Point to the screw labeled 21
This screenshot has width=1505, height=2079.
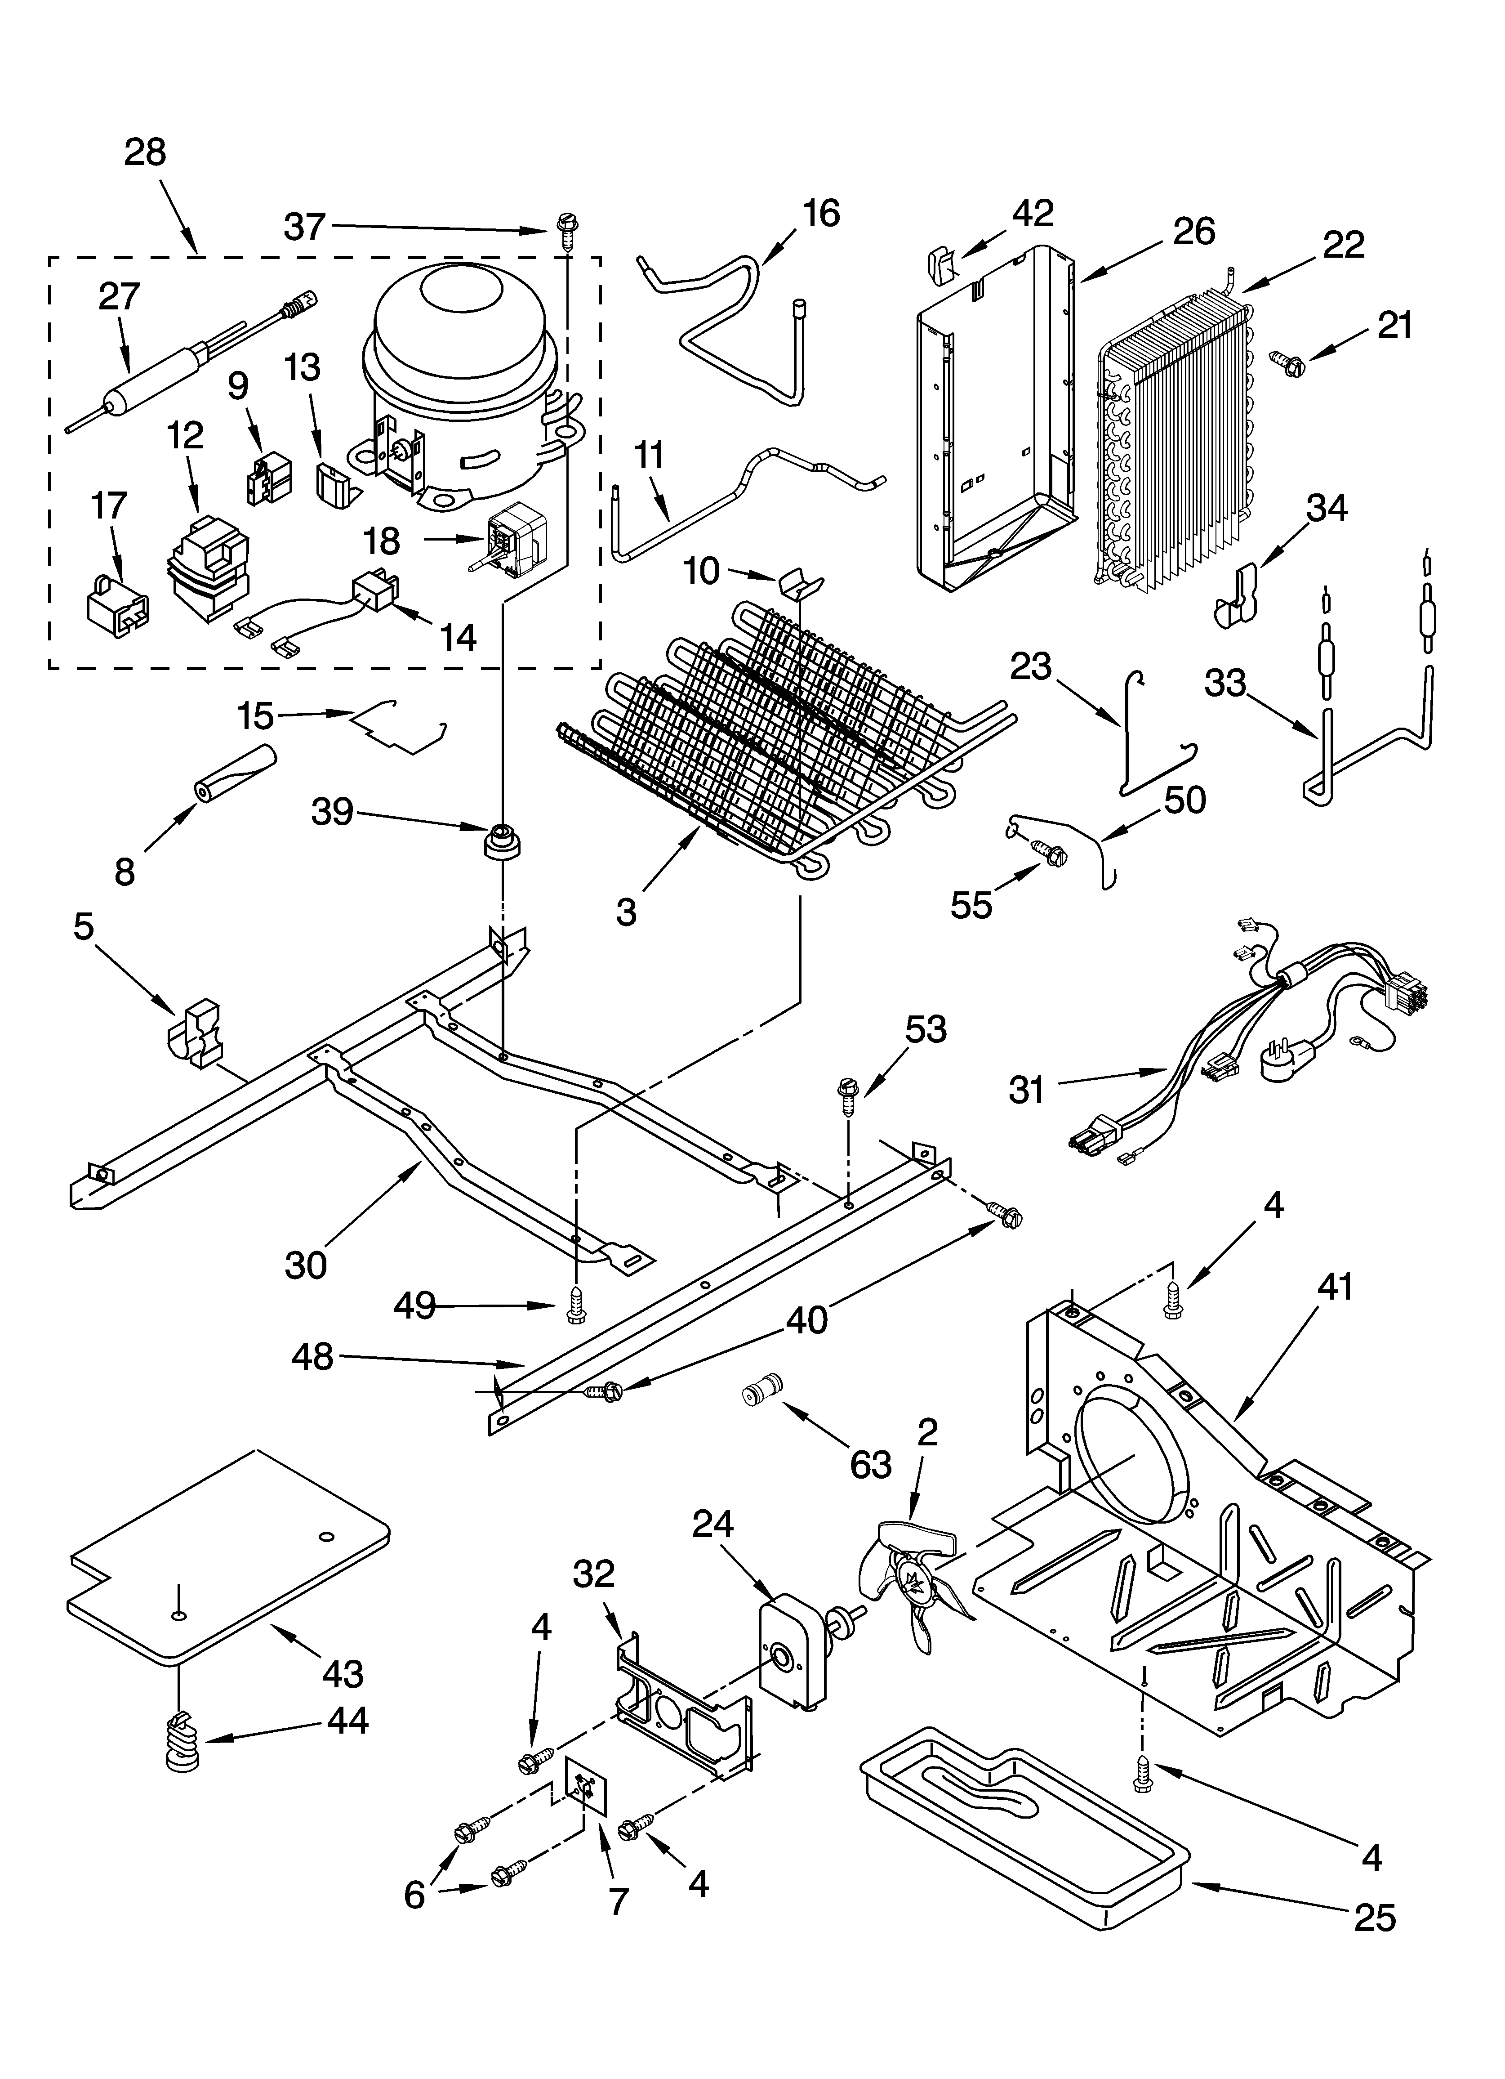pos(1288,363)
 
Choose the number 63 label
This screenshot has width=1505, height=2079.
pos(870,1464)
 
